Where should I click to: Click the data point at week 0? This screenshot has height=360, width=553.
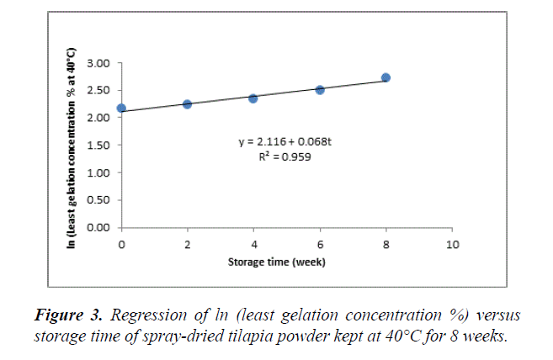click(x=121, y=109)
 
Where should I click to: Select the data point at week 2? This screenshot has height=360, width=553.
click(x=187, y=104)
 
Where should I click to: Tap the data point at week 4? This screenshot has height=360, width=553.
click(x=253, y=98)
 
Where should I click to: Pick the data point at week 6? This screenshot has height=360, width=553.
click(x=320, y=89)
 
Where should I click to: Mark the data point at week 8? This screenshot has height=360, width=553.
click(x=386, y=77)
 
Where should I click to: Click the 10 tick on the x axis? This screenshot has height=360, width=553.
click(x=452, y=244)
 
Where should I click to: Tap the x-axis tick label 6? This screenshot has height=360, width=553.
click(x=320, y=244)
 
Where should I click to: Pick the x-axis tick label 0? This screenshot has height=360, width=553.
click(x=121, y=244)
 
